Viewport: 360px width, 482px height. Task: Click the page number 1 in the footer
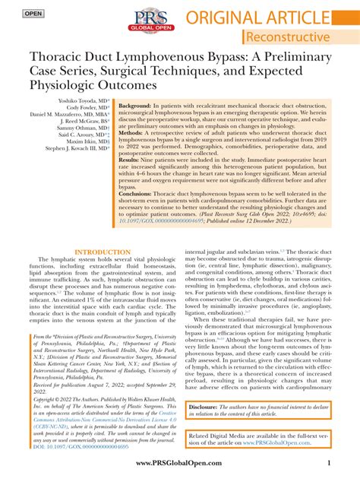pos(327,463)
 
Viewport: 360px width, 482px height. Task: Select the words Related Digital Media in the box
pos(220,433)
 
